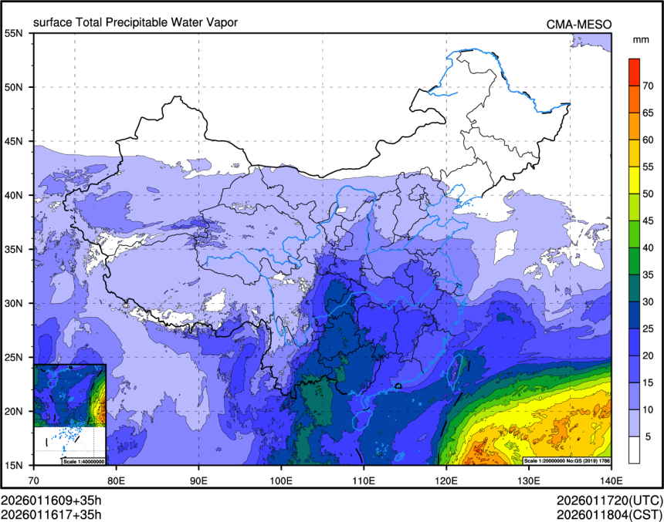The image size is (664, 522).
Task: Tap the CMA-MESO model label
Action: (x=579, y=24)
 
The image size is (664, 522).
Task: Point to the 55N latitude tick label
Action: (x=14, y=33)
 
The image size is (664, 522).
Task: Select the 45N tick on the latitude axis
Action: (x=14, y=141)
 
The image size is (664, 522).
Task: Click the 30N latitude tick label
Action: (x=14, y=303)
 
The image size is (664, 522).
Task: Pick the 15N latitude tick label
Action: (x=14, y=465)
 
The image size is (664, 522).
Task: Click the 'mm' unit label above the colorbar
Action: (x=641, y=39)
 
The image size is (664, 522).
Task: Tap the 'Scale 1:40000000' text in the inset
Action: (x=83, y=461)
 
